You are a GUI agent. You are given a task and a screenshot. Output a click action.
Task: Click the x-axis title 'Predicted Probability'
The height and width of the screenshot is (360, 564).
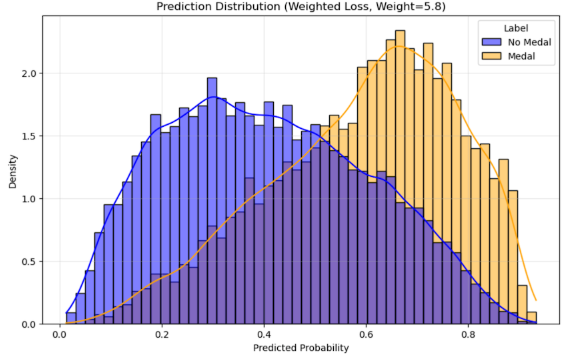[x=300, y=349]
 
